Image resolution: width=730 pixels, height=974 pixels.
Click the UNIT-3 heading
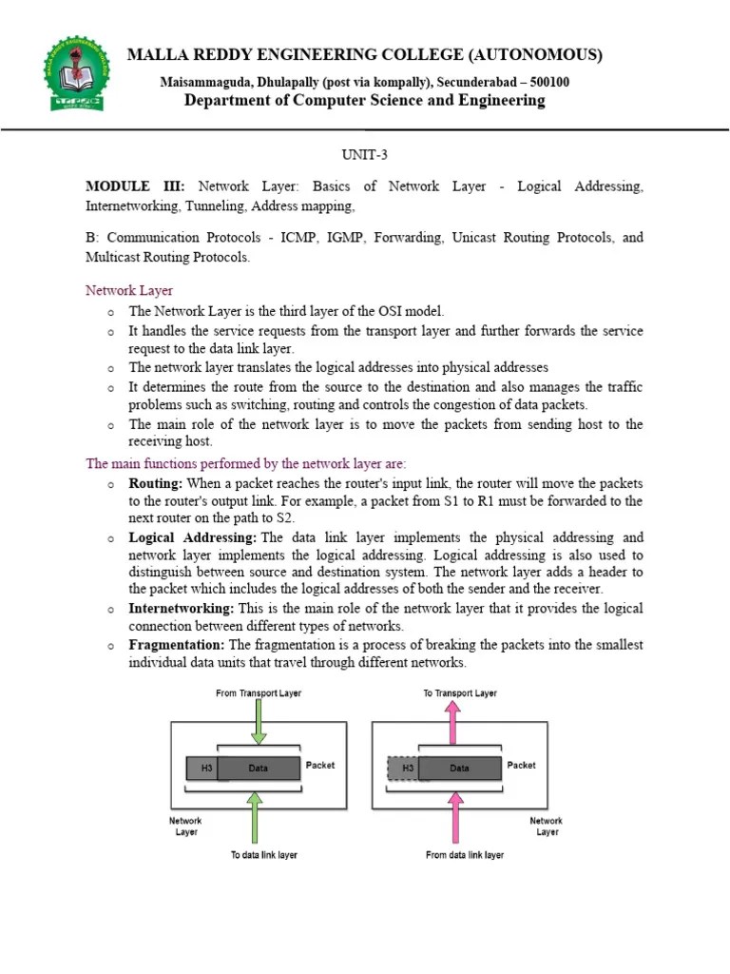click(364, 154)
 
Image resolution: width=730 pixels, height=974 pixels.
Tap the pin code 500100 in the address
click(548, 82)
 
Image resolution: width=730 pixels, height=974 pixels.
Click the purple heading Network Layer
click(129, 290)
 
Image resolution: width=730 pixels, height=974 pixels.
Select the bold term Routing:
click(155, 483)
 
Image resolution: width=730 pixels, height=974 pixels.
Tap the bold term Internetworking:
click(182, 608)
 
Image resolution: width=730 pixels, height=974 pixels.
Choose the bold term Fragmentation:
click(176, 645)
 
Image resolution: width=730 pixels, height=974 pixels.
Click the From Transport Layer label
click(258, 693)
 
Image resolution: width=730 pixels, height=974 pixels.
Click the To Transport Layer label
click(459, 693)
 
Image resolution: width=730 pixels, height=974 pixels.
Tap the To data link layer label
click(263, 855)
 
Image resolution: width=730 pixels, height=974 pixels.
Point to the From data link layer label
click(465, 855)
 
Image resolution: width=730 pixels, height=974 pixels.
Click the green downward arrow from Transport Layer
click(258, 725)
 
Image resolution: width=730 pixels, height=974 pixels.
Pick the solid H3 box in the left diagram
click(202, 768)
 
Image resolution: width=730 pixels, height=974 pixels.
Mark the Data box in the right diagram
click(460, 768)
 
